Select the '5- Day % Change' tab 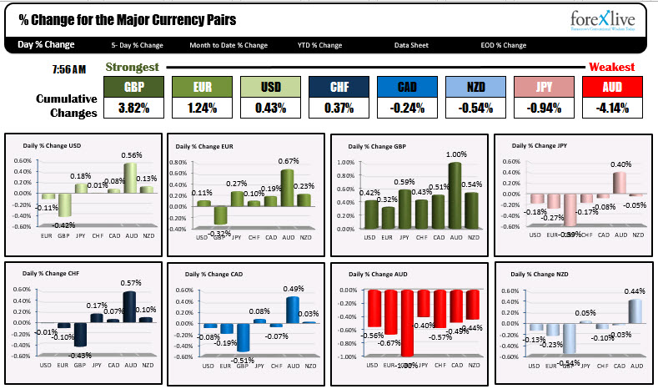click(x=137, y=45)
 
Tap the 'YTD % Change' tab click(x=319, y=45)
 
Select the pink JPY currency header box click(x=542, y=87)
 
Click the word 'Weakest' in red click(x=611, y=67)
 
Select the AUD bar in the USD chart click(x=128, y=177)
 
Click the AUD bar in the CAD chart click(x=290, y=310)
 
